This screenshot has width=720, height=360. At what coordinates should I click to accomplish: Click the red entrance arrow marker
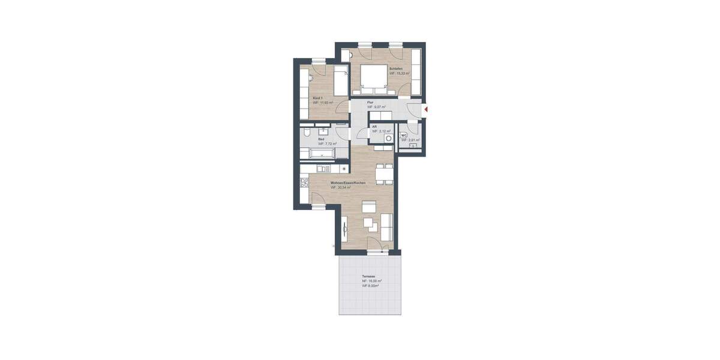point(425,109)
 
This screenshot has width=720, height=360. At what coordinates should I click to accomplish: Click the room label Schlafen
point(395,69)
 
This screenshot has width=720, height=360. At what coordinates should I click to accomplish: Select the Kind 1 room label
point(318,98)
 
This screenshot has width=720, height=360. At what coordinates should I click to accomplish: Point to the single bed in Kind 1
point(341,82)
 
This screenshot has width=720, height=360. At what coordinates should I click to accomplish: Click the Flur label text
point(370,103)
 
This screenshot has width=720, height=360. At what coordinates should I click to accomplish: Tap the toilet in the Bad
point(307,133)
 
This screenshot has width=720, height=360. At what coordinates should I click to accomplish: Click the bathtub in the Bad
point(321,154)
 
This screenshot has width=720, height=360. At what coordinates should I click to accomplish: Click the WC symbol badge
point(404,135)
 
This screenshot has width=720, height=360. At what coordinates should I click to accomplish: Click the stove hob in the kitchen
point(303,180)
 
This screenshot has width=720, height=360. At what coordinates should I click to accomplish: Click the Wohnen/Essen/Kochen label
point(348,182)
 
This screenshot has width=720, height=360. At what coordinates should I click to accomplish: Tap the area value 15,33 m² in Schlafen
point(400,74)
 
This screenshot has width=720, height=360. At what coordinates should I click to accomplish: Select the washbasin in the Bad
point(324,130)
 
